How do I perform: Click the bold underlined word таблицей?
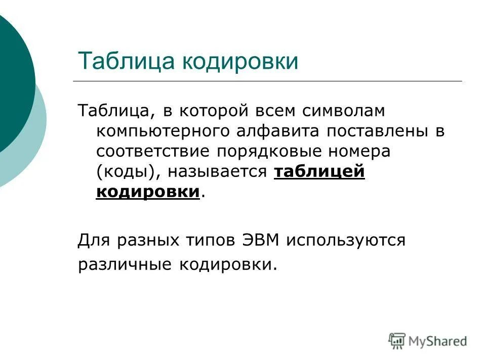(x=319, y=172)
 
